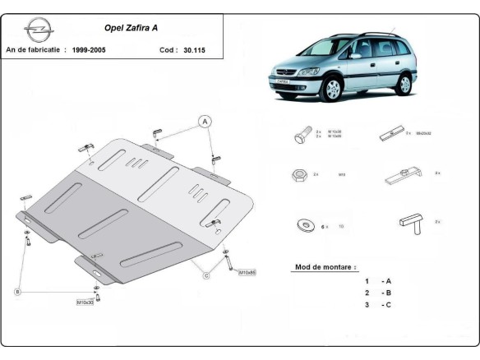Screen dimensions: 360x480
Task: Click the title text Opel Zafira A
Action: pyautogui.click(x=132, y=27)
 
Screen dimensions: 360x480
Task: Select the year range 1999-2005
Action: pyautogui.click(x=86, y=50)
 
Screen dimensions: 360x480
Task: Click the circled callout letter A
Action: pyautogui.click(x=204, y=122)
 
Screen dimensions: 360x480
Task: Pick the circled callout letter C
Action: pyautogui.click(x=207, y=275)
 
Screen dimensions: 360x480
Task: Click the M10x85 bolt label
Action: pyautogui.click(x=247, y=272)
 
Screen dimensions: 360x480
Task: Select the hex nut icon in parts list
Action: pyautogui.click(x=299, y=175)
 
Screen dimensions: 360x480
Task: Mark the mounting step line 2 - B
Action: pyautogui.click(x=378, y=293)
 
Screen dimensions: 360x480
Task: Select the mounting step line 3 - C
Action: pyautogui.click(x=378, y=305)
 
